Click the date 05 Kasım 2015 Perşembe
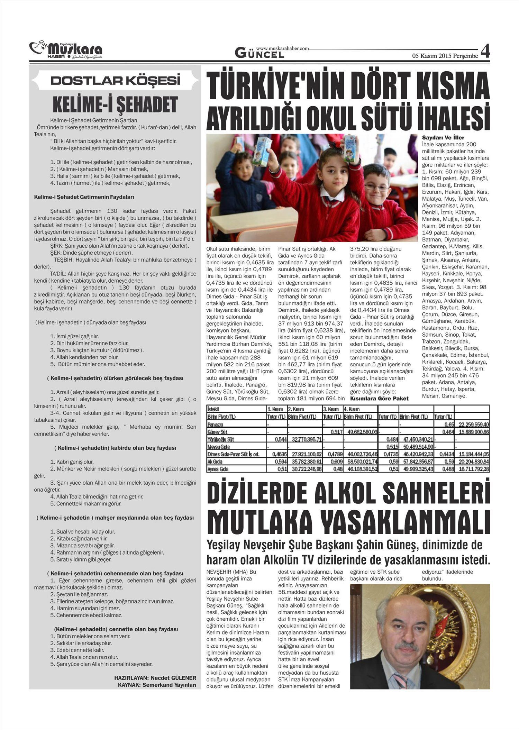(445, 56)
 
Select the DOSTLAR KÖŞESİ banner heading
(116, 81)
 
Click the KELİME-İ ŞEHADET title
(116, 104)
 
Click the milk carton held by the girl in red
(352, 149)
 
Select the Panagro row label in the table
(215, 425)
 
